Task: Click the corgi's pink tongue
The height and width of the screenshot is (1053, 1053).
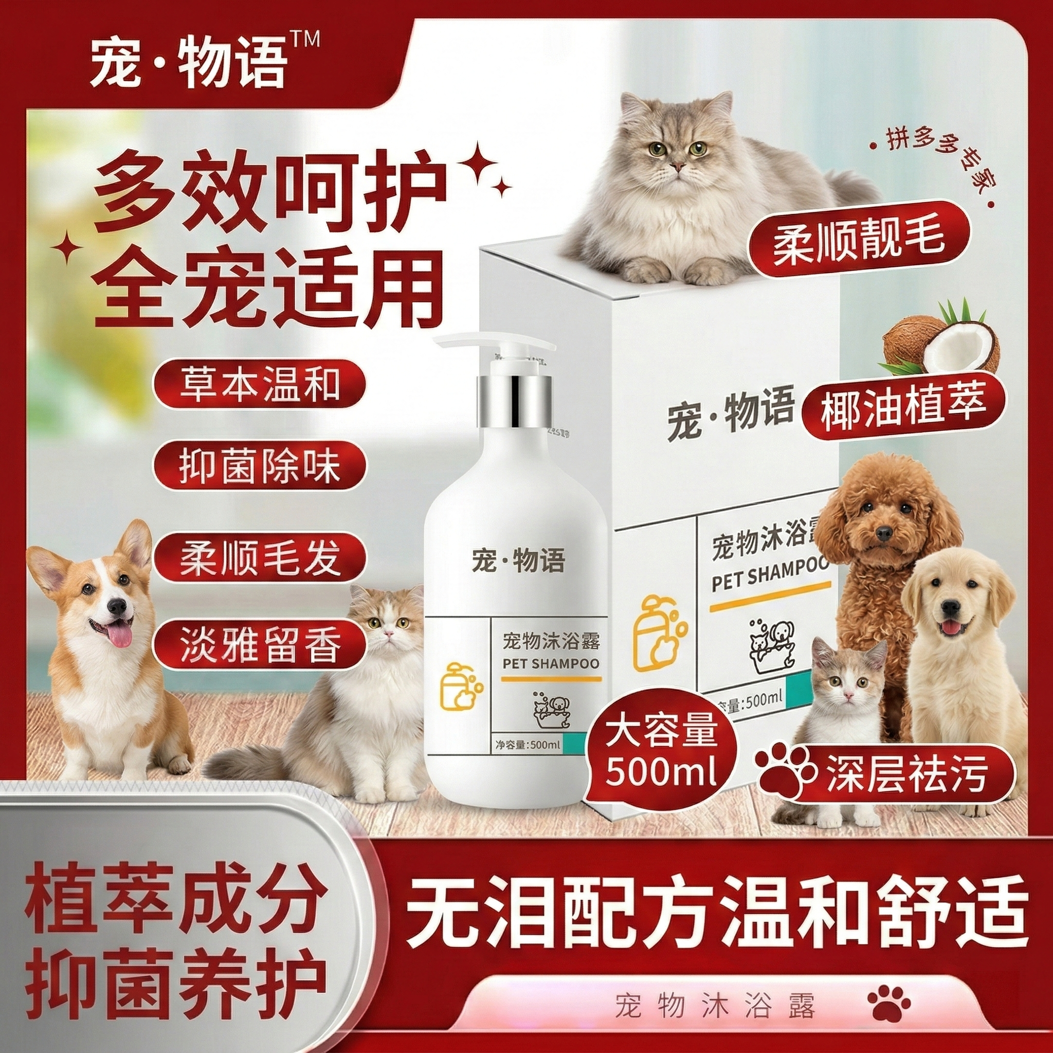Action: tap(119, 636)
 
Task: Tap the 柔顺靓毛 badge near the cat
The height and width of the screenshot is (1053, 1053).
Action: tap(858, 246)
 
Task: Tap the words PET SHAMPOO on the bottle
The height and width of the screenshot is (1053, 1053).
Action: tap(550, 663)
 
